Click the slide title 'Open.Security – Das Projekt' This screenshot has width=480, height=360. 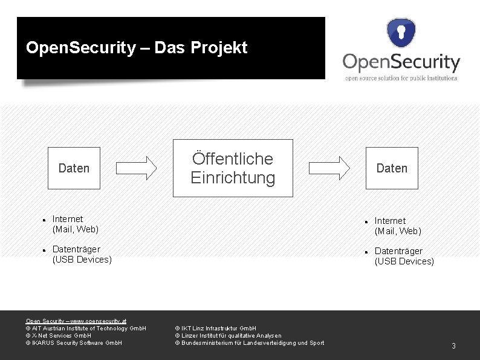pos(137,48)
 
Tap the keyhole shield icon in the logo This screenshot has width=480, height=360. pos(401,33)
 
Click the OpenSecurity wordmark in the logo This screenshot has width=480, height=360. pos(401,62)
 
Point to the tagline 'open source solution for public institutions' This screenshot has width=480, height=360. pos(401,77)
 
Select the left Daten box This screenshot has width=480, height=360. pos(74,168)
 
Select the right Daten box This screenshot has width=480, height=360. pos(392,168)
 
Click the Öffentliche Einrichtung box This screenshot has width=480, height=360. pos(233,168)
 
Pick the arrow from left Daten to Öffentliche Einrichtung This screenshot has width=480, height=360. pos(136,168)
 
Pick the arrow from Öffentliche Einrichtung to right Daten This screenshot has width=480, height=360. pos(329,168)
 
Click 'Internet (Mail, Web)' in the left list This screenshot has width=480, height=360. pos(76,224)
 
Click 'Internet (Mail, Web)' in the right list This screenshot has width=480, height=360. pos(398,226)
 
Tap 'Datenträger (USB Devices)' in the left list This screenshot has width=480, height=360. pos(82,254)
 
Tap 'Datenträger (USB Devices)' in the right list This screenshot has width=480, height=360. pos(404,256)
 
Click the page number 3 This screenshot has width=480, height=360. pos(453,346)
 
